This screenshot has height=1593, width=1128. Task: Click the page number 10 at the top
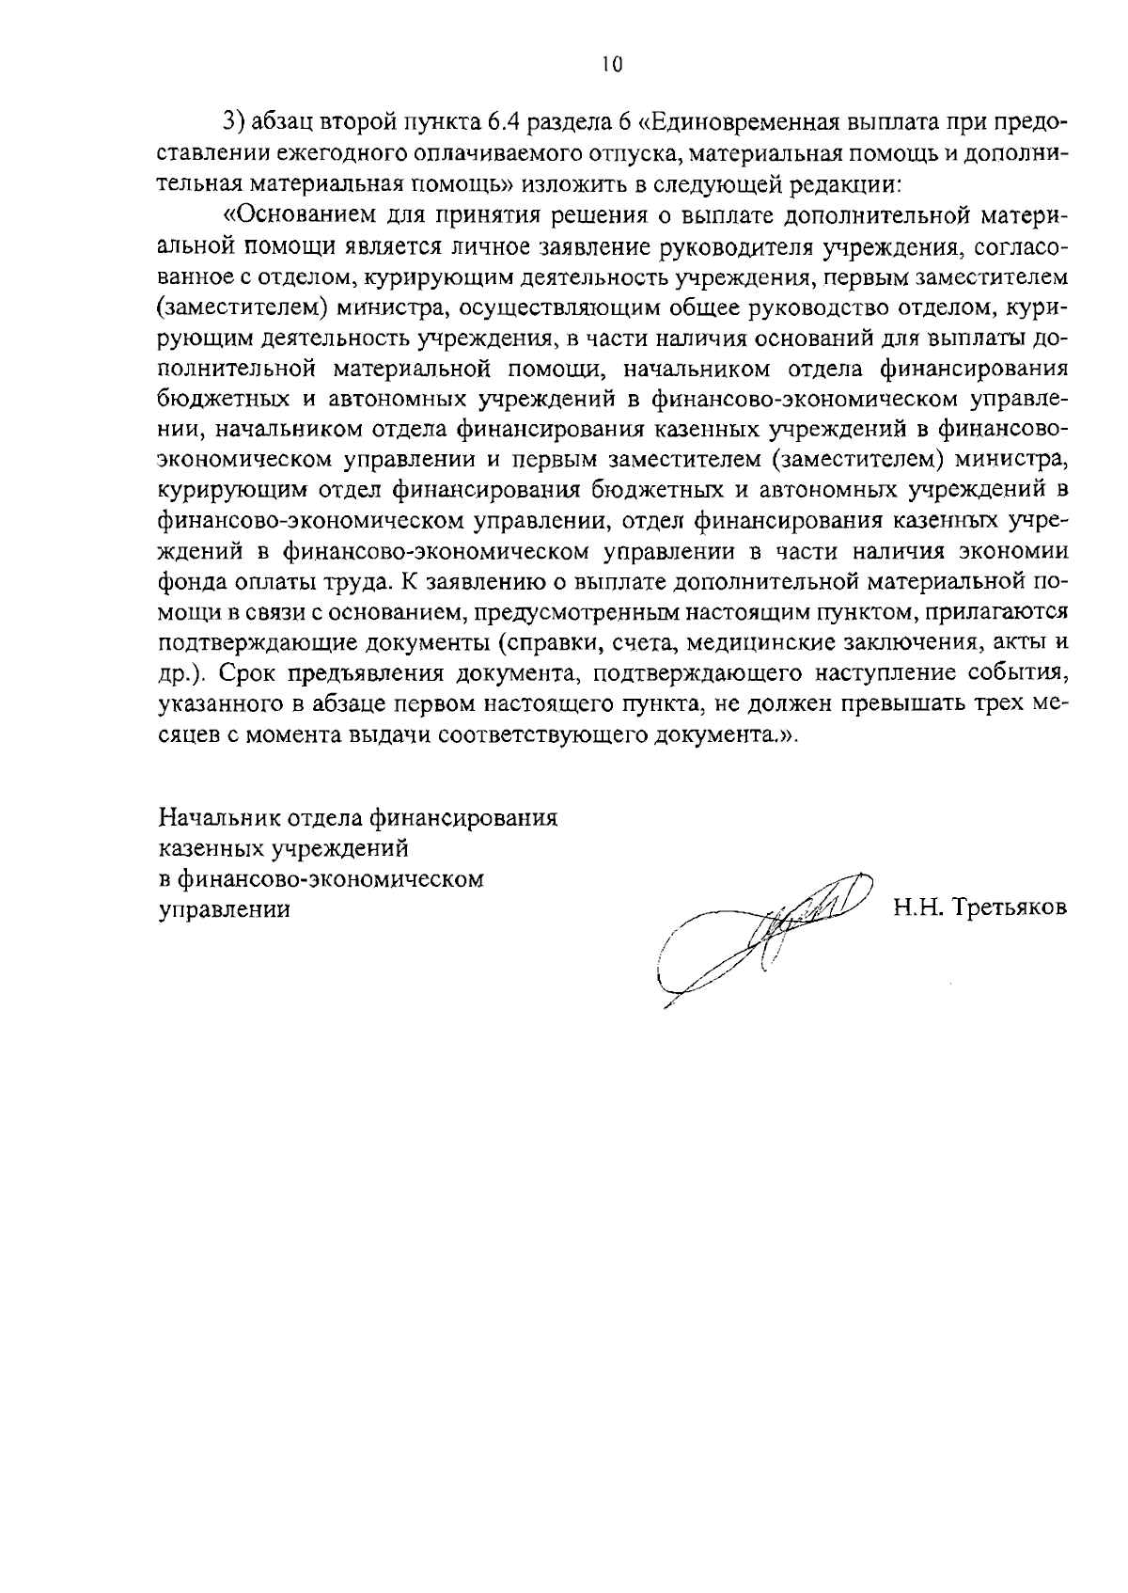(x=610, y=64)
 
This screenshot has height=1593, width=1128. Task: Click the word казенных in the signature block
(x=211, y=849)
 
